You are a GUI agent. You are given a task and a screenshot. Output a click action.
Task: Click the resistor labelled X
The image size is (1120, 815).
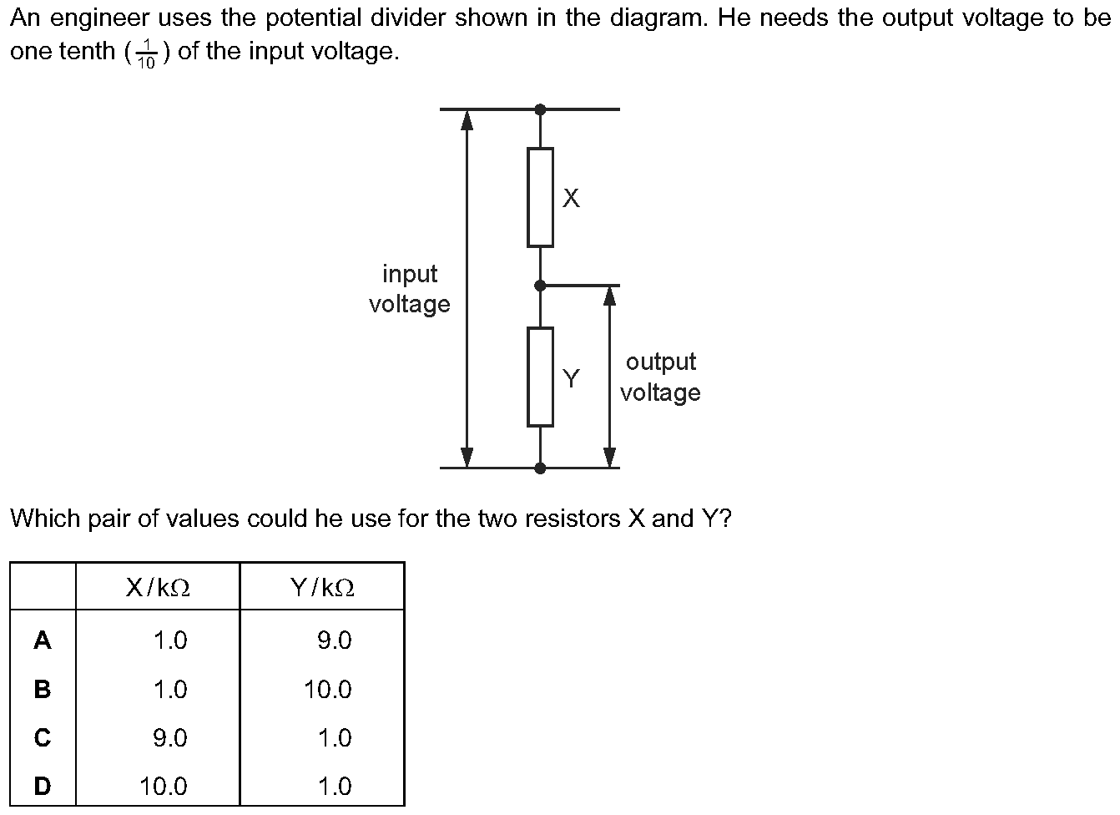pyautogui.click(x=540, y=198)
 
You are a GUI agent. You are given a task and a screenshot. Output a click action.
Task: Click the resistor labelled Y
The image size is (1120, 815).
pyautogui.click(x=540, y=377)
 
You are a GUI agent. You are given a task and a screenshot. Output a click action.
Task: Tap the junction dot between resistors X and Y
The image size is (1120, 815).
pyautogui.click(x=540, y=286)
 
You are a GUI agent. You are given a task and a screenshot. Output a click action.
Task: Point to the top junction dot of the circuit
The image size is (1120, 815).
pyautogui.click(x=540, y=109)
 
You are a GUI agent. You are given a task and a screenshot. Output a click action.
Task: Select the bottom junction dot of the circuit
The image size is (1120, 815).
pyautogui.click(x=540, y=468)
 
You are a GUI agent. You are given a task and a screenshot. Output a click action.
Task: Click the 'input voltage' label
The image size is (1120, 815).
pyautogui.click(x=410, y=289)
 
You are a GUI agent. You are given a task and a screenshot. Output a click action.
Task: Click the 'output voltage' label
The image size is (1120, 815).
pyautogui.click(x=660, y=377)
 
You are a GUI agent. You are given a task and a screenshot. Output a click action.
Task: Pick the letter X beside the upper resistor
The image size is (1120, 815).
pyautogui.click(x=571, y=198)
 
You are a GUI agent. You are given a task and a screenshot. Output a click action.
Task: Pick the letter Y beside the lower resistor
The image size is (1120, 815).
pyautogui.click(x=571, y=378)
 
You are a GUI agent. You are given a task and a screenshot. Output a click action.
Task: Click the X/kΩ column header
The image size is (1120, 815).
pyautogui.click(x=158, y=588)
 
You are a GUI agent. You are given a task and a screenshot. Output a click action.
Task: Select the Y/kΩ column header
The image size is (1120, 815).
pyautogui.click(x=322, y=588)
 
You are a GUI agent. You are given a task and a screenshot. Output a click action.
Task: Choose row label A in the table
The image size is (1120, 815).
pyautogui.click(x=43, y=640)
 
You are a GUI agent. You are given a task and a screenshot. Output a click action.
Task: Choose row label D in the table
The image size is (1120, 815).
pyautogui.click(x=43, y=786)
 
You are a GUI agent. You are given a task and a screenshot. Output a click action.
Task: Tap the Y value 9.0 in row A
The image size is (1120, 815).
pyautogui.click(x=335, y=640)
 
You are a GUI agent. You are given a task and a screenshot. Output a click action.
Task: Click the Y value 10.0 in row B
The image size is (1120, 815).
pyautogui.click(x=328, y=690)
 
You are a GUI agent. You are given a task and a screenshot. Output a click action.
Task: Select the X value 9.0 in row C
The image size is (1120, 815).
pyautogui.click(x=170, y=738)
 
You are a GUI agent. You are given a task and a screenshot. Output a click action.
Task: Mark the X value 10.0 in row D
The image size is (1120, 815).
pyautogui.click(x=164, y=786)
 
